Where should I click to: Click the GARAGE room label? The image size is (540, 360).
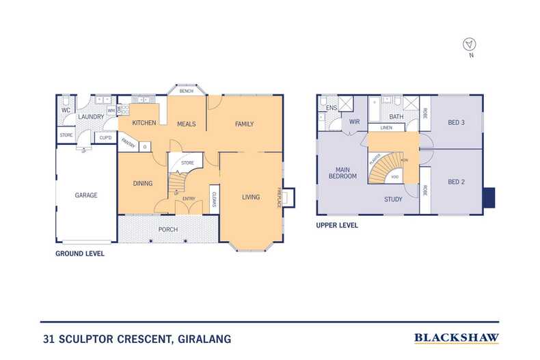(x=86, y=195)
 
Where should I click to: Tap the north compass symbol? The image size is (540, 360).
(x=469, y=44)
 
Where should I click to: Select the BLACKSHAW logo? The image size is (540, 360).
(x=457, y=337)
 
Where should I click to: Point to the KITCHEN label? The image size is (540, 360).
(x=144, y=124)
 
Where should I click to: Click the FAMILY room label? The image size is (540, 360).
(x=244, y=124)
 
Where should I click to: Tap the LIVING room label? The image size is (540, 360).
(x=251, y=197)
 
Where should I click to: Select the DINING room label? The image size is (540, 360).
(x=142, y=183)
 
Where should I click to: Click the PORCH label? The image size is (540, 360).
(x=168, y=229)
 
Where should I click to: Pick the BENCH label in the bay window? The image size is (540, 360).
(x=186, y=91)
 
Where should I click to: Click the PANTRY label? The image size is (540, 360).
(x=128, y=143)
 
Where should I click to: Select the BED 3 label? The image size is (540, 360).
(x=457, y=122)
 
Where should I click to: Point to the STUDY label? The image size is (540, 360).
(x=392, y=199)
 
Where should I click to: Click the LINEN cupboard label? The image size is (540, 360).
(x=386, y=127)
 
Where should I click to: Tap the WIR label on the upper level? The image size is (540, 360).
(x=355, y=122)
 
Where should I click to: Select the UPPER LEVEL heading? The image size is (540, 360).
(x=337, y=225)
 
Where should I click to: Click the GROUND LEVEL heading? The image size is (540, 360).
(x=79, y=253)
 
